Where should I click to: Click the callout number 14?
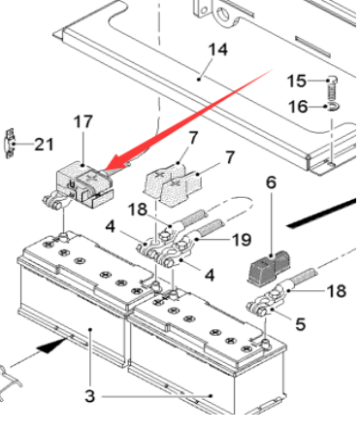217,50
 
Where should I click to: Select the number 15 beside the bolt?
297,81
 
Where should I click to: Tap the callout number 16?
298,107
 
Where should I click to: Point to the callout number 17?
83,121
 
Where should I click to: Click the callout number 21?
44,144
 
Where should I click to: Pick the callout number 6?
271,183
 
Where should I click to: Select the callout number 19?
242,240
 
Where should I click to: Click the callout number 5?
300,323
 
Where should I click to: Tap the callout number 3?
90,395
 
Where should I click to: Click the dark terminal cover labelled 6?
269,267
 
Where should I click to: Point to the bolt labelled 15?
332,88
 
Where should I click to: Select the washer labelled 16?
333,107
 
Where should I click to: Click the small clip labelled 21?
11,144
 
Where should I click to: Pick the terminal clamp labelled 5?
263,303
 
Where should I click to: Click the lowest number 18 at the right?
337,291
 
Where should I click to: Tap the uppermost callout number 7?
193,138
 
